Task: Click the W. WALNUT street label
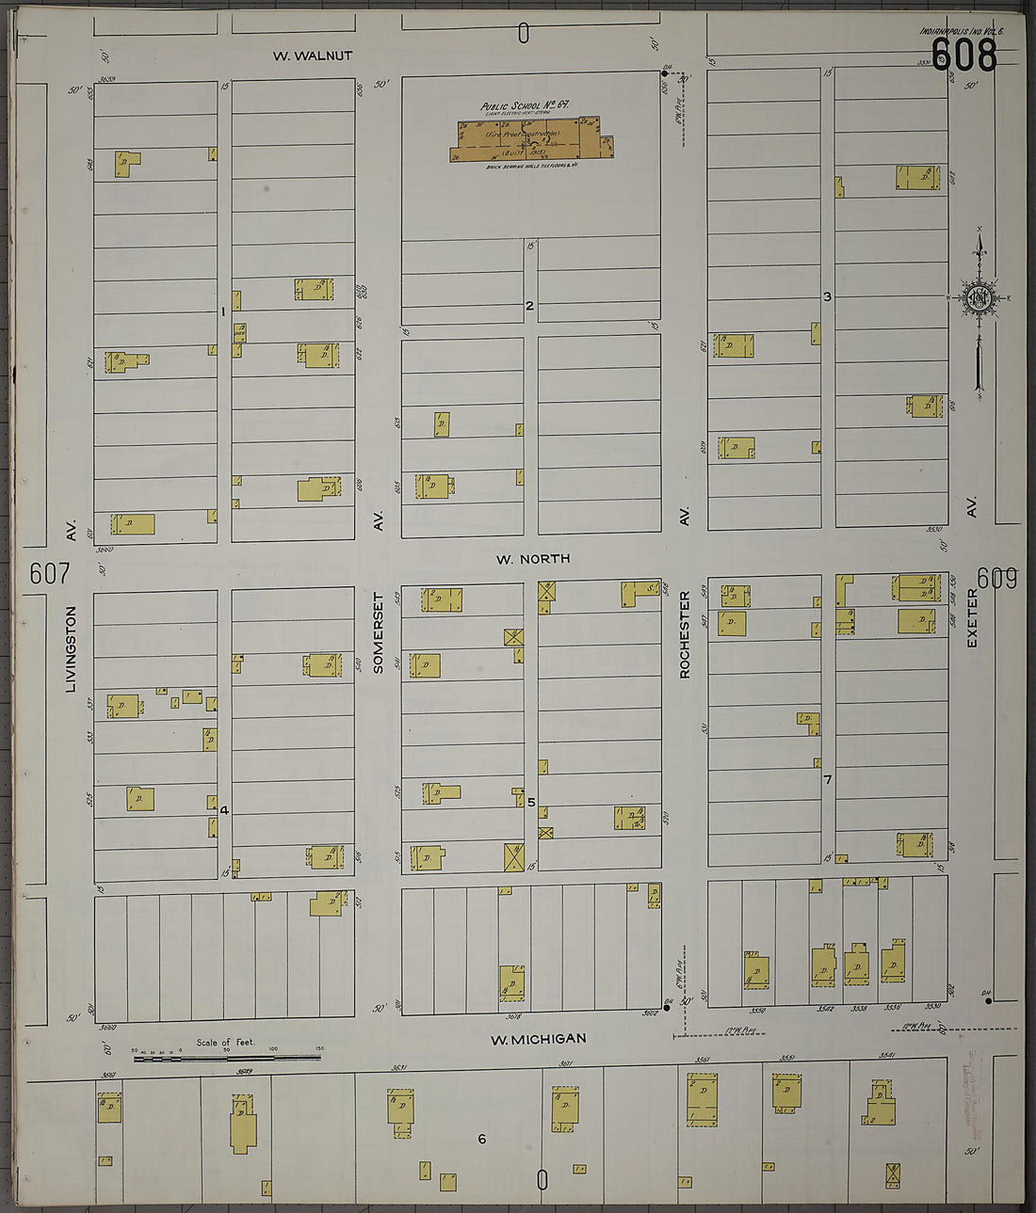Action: coord(313,56)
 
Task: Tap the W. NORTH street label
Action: coord(533,559)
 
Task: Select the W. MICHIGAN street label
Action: coord(538,1039)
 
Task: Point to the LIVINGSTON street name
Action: coord(71,649)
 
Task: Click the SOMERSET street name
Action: coord(379,632)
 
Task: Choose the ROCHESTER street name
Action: coord(685,634)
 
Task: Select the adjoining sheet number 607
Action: coord(50,573)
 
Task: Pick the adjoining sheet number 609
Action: coord(996,579)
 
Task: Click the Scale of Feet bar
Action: coord(226,1058)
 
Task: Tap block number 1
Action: coord(223,311)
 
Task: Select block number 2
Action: coord(529,306)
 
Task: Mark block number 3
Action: coord(827,297)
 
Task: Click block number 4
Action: coord(224,810)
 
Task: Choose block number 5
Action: coord(531,803)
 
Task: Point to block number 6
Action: coord(481,1140)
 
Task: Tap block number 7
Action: coord(827,780)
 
